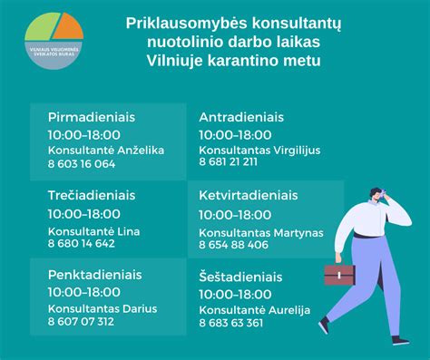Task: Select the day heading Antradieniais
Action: pyautogui.click(x=241, y=118)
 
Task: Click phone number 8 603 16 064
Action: pyautogui.click(x=81, y=164)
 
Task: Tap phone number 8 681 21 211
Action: pyautogui.click(x=228, y=161)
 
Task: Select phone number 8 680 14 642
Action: pyautogui.click(x=81, y=243)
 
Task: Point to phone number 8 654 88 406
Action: pyautogui.click(x=233, y=245)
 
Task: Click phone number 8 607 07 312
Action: pyautogui.click(x=81, y=321)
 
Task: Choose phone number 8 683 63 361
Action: pyautogui.click(x=231, y=323)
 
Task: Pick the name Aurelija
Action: pyautogui.click(x=289, y=310)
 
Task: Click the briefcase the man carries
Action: pyautogui.click(x=338, y=273)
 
